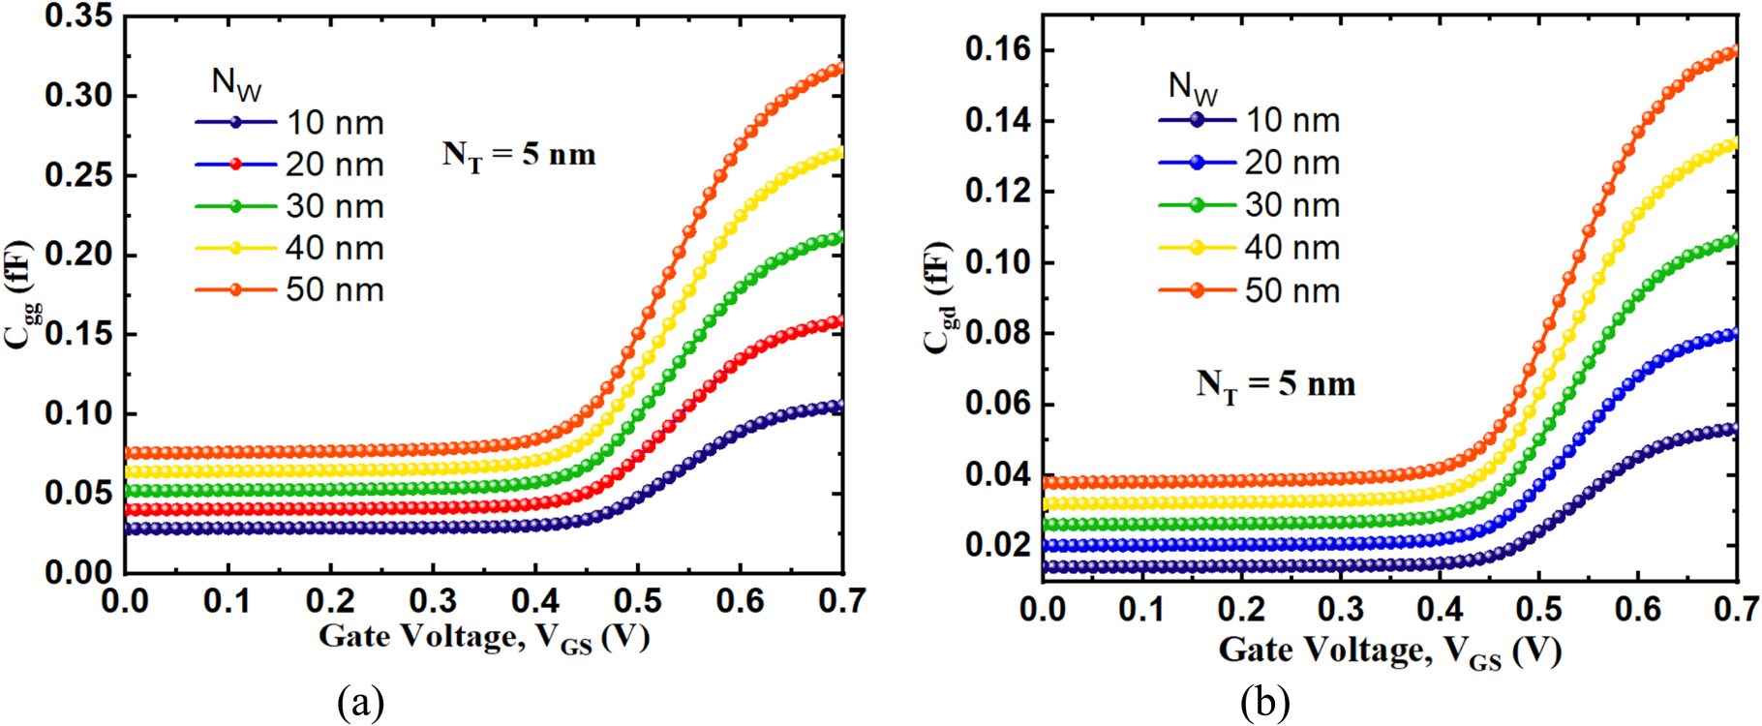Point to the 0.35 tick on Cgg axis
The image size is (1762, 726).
click(78, 16)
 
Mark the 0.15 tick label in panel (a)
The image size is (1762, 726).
click(78, 334)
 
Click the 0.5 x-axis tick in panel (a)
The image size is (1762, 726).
click(637, 601)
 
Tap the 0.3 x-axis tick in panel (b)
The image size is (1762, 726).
click(1341, 609)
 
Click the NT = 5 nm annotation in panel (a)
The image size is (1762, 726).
click(519, 155)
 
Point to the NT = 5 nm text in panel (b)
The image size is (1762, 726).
click(1275, 384)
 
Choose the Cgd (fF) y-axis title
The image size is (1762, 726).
click(938, 297)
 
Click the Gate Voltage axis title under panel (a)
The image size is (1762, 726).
click(484, 638)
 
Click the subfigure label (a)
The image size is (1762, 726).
click(361, 702)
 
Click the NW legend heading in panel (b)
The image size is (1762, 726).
click(1192, 87)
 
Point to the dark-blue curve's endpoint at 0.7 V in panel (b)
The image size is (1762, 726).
click(1733, 429)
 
